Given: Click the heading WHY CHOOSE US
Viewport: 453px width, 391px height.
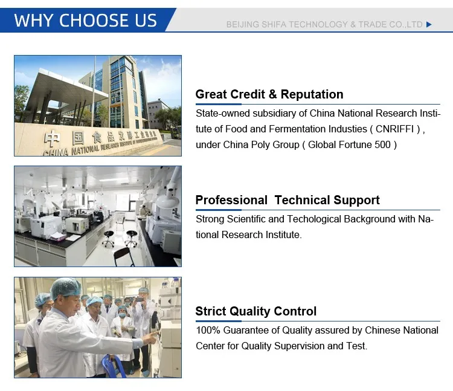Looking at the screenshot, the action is coord(86,20).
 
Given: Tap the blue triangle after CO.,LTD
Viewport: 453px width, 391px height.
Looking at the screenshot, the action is coord(429,25).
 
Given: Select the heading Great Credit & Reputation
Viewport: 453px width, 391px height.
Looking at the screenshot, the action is coord(269,94).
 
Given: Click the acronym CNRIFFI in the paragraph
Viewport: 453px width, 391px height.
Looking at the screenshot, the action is coord(394,129).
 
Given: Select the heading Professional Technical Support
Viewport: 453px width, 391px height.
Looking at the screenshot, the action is coord(288,200).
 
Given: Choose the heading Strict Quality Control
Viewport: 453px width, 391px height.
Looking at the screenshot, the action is coord(256,311).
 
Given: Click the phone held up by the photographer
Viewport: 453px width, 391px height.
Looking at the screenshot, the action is coord(140,300).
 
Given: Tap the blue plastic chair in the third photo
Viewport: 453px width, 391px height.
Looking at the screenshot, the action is coord(114,366).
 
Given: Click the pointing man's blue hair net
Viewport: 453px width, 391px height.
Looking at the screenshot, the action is coord(66,288).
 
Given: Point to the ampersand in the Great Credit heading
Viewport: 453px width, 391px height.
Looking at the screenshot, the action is coord(272,94).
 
